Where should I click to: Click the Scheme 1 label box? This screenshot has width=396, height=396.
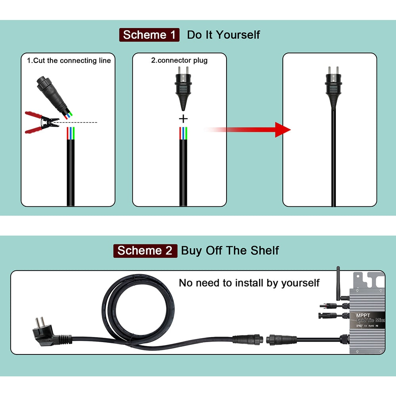coord(149,35)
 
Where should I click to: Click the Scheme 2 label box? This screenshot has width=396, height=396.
coord(145,251)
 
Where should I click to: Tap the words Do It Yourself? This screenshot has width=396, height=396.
coord(223,35)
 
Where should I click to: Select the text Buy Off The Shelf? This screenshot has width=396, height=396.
coord(230,251)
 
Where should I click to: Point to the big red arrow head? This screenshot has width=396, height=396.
coord(282,130)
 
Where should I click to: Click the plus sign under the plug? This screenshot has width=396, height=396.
coord(184,118)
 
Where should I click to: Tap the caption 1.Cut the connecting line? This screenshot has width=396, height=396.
coord(69,61)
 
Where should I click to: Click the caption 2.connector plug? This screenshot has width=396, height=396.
coord(179,61)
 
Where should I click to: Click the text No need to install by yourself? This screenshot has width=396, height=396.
coord(249,283)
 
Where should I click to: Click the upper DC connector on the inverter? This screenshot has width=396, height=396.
coord(330,306)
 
